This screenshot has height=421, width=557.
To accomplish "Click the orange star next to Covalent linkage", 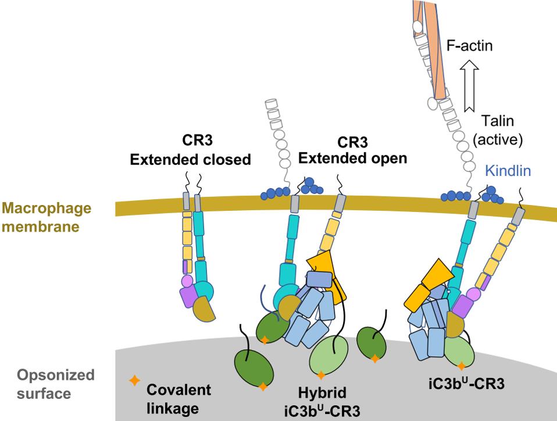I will coord(134,381).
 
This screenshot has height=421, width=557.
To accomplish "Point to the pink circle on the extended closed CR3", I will coord(187,281).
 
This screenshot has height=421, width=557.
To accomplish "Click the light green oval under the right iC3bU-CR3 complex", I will coord(460,349).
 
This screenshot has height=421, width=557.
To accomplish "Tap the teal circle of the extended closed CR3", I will coord(203,289).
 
